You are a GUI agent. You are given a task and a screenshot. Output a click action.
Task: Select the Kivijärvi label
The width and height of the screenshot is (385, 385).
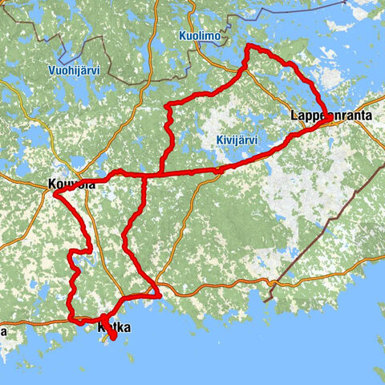[x=237, y=140]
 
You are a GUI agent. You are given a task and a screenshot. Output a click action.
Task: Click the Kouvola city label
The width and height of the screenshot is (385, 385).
[x=71, y=185]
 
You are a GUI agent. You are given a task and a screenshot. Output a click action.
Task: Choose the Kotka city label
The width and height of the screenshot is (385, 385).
[x=113, y=329]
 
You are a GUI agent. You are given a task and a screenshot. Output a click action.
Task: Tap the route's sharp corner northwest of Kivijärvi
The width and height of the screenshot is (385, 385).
[x=167, y=105]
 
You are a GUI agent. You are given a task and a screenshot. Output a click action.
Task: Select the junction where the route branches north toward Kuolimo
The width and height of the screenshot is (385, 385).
[x=161, y=172]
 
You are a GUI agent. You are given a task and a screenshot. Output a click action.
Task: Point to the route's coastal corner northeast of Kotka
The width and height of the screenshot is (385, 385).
[x=160, y=296]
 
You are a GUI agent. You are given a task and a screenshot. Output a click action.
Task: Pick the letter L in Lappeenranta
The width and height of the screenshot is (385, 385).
[x=294, y=117]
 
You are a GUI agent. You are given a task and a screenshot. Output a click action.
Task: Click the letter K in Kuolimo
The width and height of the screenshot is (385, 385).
[x=182, y=35]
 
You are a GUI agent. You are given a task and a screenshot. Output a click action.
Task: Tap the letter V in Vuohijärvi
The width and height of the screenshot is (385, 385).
[x=50, y=71]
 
